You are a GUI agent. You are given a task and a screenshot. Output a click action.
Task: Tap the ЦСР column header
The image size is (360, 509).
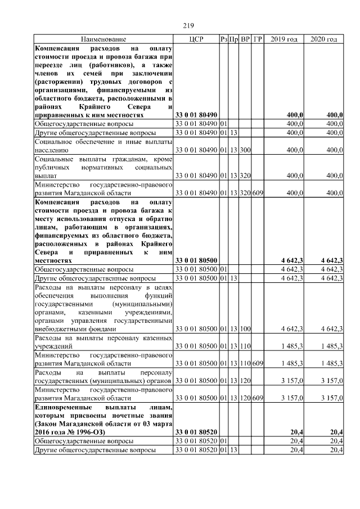(196, 39)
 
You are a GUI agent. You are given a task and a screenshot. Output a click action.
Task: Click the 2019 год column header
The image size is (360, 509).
(284, 39)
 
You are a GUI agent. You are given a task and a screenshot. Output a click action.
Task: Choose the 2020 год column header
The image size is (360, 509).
(323, 39)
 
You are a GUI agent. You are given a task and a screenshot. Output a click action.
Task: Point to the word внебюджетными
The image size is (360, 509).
(61, 328)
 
